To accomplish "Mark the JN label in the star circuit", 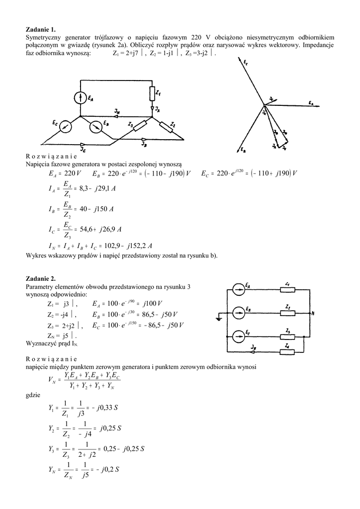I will [116, 113].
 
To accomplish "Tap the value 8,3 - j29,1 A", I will [97, 189].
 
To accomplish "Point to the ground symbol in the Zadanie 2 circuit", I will [219, 318].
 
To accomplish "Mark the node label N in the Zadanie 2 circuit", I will [312, 314].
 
